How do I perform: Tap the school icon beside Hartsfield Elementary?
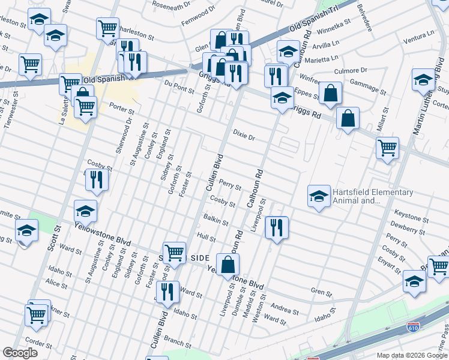click(x=319, y=196)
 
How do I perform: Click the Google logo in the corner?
click(x=20, y=353)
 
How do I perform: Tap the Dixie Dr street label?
click(x=244, y=136)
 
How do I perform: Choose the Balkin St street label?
click(x=216, y=219)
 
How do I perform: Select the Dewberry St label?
click(x=408, y=227)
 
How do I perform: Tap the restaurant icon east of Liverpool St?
click(x=276, y=228)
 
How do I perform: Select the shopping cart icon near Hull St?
click(x=175, y=253)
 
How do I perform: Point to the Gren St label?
click(x=321, y=293)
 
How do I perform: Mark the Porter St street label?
click(x=122, y=107)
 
